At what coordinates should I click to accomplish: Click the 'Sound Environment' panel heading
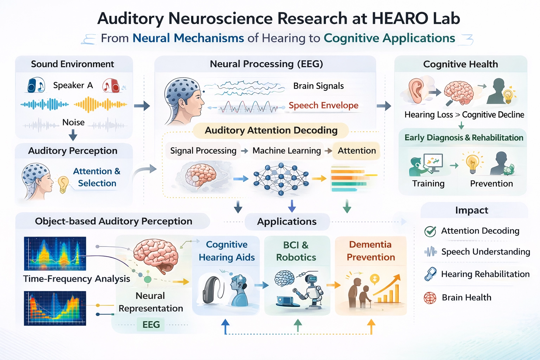coord(72,64)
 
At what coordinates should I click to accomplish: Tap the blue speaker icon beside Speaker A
coord(36,85)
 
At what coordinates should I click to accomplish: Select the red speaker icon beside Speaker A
coord(111,85)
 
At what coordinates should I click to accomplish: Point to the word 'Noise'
coord(73,122)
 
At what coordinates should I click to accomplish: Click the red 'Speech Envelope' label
coord(323,105)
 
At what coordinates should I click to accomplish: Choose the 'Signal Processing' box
coord(203,151)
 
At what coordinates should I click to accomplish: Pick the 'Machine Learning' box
coord(287,151)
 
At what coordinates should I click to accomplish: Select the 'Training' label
coord(428,184)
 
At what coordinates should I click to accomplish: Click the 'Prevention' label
coord(491,184)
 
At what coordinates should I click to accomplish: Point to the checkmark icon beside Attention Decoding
coord(430,231)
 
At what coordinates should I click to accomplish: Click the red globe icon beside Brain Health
coord(430,298)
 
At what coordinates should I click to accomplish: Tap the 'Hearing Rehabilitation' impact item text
coord(485,274)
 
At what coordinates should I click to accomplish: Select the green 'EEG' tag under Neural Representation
coord(151,324)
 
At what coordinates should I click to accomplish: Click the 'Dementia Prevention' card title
coord(371,251)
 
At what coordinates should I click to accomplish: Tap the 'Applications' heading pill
coord(287,221)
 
